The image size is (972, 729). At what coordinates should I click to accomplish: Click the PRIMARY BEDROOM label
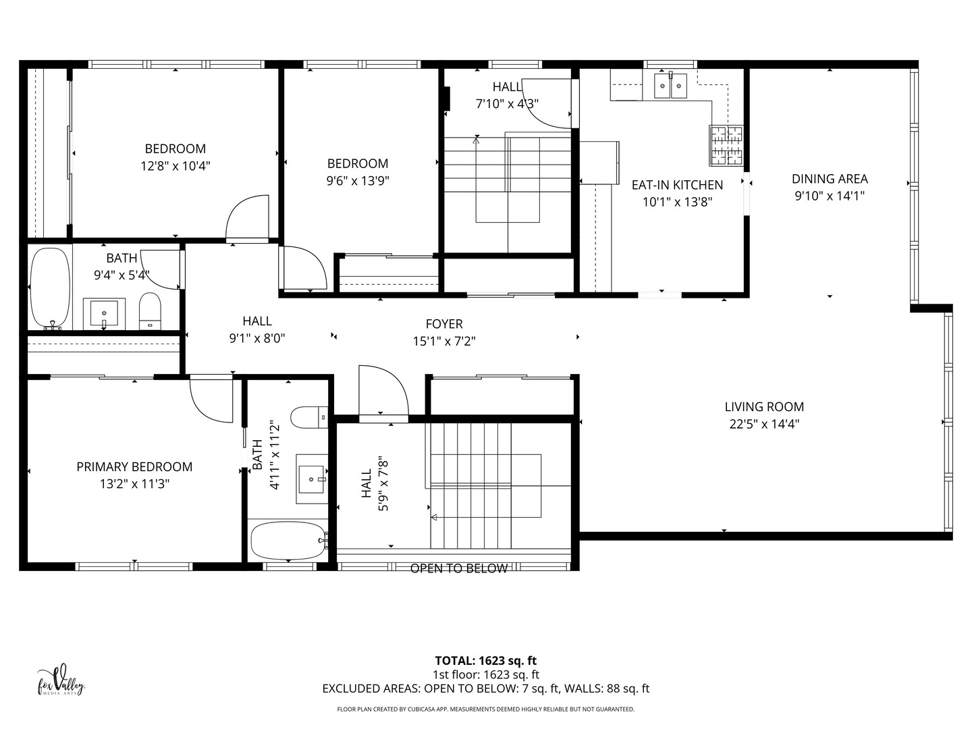[134, 466]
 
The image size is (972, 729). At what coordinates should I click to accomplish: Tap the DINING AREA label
[830, 179]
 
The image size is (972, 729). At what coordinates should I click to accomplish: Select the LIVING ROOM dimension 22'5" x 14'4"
[764, 425]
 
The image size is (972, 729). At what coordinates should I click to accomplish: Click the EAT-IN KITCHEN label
[677, 185]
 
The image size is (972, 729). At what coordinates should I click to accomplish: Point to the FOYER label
[444, 324]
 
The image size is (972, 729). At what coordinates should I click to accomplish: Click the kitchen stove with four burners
[726, 145]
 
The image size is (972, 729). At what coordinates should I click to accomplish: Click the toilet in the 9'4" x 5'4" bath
[150, 310]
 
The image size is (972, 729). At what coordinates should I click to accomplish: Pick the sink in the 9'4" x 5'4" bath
[104, 313]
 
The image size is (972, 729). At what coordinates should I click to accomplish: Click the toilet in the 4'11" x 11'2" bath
[309, 417]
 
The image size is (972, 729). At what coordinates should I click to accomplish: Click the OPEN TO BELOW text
[459, 569]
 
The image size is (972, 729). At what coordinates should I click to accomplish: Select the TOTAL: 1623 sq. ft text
[485, 661]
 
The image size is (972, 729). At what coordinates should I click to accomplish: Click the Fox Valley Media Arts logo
[61, 680]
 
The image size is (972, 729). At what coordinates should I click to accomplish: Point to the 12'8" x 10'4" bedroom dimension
[175, 166]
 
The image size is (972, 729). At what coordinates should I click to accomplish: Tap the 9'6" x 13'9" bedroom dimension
[358, 181]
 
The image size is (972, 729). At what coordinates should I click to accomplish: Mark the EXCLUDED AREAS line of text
[485, 689]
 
